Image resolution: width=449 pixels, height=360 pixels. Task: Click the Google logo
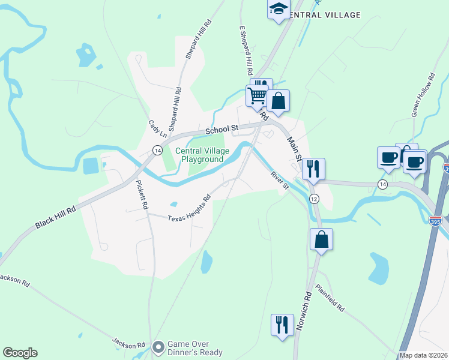20,353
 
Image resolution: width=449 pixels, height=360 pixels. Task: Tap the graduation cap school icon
278,8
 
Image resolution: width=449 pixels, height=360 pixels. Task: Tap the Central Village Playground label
199,155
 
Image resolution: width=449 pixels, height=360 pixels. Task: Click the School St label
222,128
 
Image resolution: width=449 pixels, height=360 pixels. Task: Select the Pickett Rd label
142,194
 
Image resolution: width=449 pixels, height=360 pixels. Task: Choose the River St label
280,181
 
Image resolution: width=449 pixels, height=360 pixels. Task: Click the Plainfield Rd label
330,298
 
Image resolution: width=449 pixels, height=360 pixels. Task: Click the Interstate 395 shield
436,221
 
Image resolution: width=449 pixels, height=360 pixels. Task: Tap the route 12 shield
313,199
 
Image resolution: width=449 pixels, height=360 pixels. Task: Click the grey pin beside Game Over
158,347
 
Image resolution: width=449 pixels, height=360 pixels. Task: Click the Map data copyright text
423,355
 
